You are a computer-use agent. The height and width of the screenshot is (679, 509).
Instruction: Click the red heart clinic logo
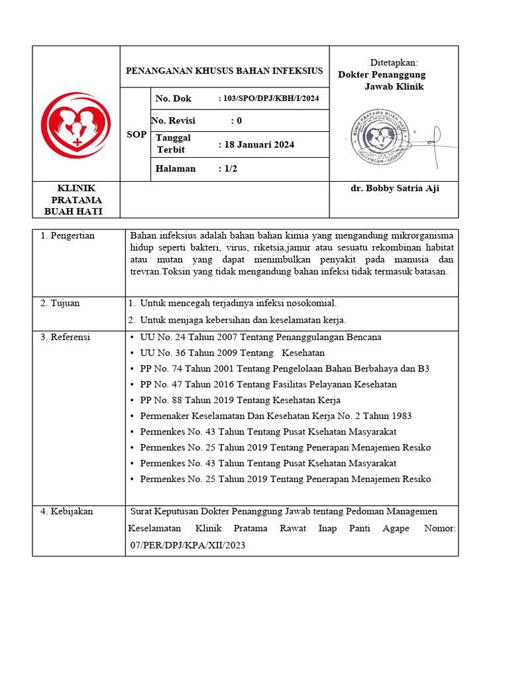(x=76, y=125)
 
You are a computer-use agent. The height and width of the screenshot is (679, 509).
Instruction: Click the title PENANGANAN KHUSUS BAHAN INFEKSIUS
(x=225, y=71)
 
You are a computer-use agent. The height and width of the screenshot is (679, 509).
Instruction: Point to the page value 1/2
(x=230, y=168)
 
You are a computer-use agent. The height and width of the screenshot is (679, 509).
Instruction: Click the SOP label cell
(x=137, y=134)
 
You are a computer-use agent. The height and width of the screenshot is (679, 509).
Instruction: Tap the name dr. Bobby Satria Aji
(x=394, y=188)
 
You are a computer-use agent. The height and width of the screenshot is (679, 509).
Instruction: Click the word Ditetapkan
(x=394, y=62)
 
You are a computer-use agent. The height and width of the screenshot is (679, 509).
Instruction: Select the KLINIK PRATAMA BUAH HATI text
(x=76, y=200)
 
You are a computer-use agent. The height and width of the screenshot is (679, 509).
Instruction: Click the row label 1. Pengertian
(x=68, y=235)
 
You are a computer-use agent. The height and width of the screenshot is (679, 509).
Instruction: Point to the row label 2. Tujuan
(x=60, y=303)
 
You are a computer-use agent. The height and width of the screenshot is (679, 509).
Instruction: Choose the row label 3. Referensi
(x=65, y=337)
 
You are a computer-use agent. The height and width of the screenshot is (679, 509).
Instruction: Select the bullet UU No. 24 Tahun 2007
(x=260, y=337)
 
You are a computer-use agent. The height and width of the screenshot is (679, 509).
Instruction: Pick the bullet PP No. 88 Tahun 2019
(x=239, y=400)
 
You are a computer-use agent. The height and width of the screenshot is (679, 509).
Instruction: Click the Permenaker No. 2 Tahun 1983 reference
(x=275, y=416)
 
